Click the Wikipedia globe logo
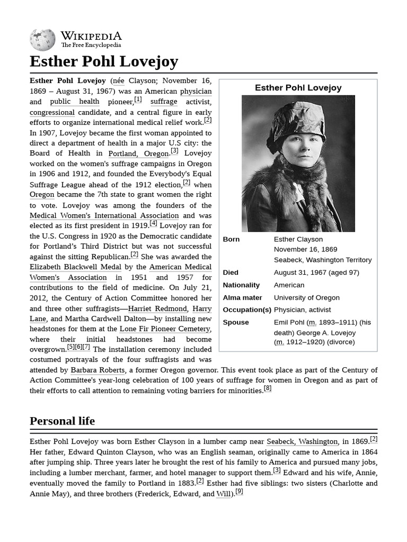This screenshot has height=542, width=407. pos(42,39)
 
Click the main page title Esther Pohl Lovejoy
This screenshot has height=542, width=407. pos(104,61)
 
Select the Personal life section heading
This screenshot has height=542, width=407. pos(62,421)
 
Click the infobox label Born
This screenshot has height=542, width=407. pos(231,239)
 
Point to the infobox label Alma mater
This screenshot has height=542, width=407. pos(242,297)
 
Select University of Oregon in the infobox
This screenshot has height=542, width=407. pos(306,297)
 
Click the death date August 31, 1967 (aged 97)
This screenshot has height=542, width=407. pos(316,272)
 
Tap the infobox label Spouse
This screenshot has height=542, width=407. pos(236,322)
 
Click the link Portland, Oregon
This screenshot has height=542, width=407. pos(138,153)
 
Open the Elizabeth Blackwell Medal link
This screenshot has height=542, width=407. pos(75,267)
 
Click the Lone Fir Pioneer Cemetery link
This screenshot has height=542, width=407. pos(165,329)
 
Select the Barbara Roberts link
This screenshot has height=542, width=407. pos(98,370)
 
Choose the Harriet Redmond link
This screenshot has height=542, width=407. pos(158,308)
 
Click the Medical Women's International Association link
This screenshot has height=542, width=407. pos(104,215)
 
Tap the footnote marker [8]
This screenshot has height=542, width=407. pos(268,389)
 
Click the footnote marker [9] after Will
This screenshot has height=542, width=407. pos(239,492)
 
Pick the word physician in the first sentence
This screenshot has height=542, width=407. pos(196,91)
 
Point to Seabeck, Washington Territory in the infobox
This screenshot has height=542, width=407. pos(322,260)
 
